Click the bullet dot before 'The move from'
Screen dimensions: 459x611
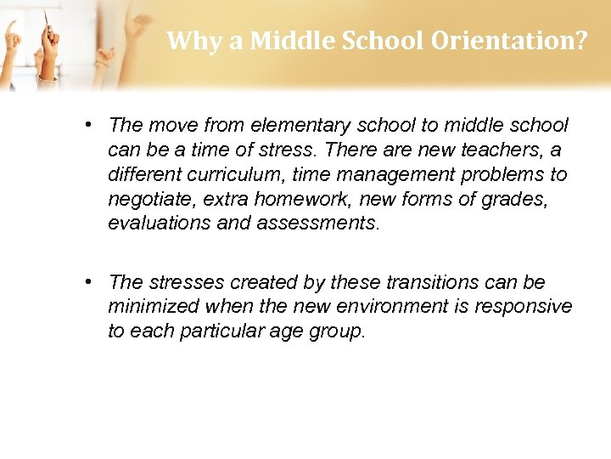88,126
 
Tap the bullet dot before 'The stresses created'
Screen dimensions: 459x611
88,282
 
